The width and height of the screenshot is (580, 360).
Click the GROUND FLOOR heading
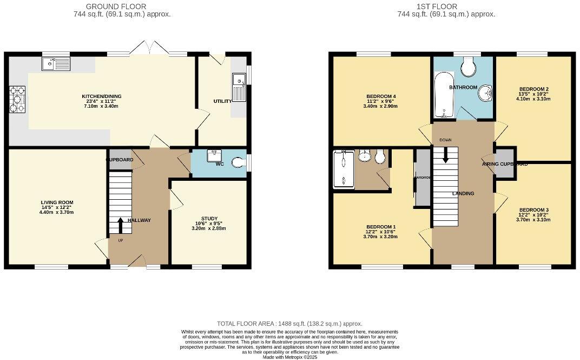click(x=122, y=6)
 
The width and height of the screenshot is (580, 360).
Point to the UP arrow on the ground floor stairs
click(x=120, y=224)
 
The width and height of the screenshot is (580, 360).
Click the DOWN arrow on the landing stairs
click(x=445, y=155)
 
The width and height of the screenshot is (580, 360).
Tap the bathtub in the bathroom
click(x=443, y=95)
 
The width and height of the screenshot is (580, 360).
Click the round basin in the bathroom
click(x=485, y=94)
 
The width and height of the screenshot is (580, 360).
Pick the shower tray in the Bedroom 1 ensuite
click(x=342, y=169)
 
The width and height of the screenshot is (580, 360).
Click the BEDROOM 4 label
click(x=381, y=96)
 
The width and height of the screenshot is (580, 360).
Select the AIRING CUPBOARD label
click(x=505, y=163)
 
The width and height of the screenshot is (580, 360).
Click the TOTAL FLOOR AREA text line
click(x=289, y=323)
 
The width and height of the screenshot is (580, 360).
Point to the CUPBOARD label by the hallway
click(x=119, y=160)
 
